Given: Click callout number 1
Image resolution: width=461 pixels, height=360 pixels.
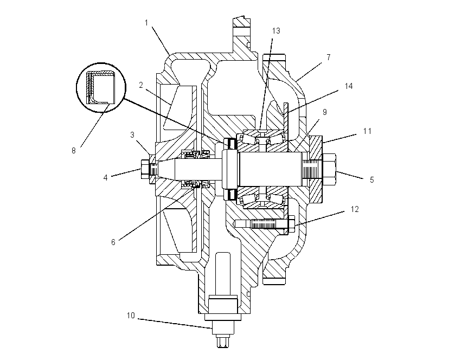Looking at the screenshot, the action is point(146,23).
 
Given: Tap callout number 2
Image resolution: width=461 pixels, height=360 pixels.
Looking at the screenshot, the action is point(141,85).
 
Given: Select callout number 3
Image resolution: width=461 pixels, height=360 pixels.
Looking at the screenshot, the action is point(132,135).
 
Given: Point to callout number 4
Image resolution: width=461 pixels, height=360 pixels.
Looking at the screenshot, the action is point(105,177).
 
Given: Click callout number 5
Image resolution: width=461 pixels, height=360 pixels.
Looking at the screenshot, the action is point(372,180).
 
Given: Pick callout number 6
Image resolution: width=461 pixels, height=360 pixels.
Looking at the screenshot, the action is point(113,242).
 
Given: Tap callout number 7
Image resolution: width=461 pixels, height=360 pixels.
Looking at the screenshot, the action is point(329,57).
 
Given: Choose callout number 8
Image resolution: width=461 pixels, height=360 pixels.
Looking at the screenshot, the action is point(74,151).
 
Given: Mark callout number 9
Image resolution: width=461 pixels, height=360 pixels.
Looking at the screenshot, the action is point(324,112).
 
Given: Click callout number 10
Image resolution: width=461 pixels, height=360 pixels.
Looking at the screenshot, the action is point(131,316).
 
